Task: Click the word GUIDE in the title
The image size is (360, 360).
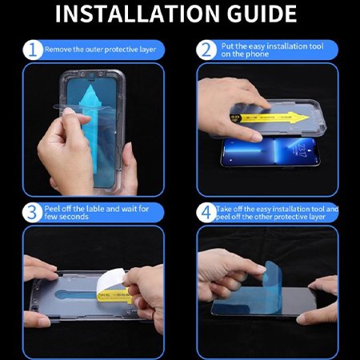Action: pos(262,14)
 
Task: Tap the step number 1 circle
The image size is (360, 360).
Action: pos(33,50)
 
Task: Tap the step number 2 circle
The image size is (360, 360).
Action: pos(206,50)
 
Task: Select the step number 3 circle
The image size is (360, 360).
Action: pos(33,213)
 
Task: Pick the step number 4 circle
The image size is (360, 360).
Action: pos(206,213)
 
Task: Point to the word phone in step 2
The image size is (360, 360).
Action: pos(257,54)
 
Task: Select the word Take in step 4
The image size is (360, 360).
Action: pos(222,209)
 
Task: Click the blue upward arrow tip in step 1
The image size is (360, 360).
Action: pos(90,86)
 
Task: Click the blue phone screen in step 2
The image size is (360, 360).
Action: pos(270,152)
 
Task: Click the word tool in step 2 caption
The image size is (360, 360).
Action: pos(316,46)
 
